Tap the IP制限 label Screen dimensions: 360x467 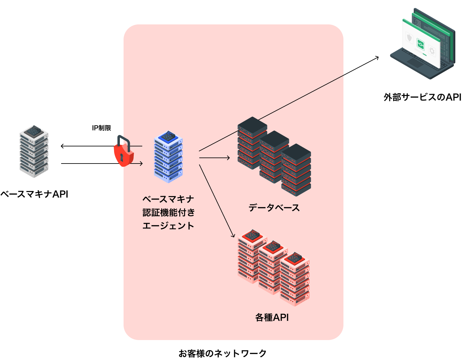[101, 128]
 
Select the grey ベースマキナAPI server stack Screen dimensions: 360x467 [34, 151]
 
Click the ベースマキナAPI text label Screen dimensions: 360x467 [34, 194]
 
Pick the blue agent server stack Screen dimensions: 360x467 [168, 157]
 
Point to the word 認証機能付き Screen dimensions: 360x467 [169, 212]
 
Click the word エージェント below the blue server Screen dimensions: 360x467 [168, 226]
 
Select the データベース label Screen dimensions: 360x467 [274, 208]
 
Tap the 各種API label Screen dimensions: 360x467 [272, 317]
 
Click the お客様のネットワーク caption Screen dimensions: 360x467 [222, 353]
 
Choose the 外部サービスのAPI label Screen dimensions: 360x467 [422, 97]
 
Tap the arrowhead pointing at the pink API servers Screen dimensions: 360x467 [233, 235]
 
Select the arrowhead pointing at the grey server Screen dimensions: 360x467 [62, 146]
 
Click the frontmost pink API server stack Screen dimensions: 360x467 [295, 279]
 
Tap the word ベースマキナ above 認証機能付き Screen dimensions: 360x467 [168, 199]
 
